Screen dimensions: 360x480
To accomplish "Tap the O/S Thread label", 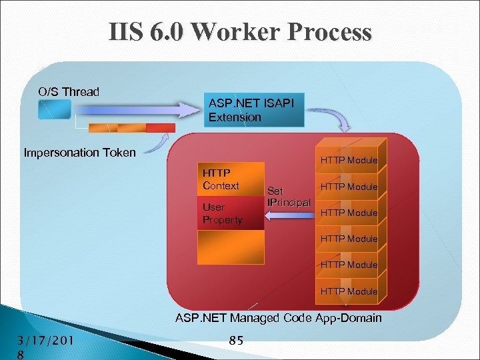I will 68,92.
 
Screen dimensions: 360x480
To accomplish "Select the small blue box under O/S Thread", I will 54,109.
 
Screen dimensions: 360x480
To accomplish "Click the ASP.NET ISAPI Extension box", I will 254,110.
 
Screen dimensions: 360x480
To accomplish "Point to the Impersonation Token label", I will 79,153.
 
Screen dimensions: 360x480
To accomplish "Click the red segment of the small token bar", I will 160,127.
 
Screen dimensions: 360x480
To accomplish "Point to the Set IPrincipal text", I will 288,196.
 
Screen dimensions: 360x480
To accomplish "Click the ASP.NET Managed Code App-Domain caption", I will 278,318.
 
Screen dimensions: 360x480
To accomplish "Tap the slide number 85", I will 235,341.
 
